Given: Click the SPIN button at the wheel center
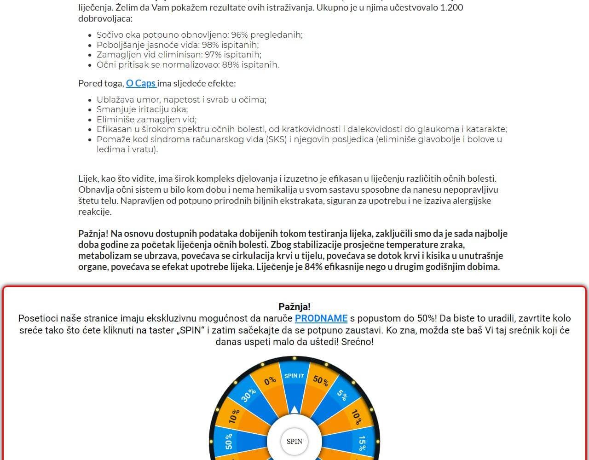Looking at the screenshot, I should [294, 441].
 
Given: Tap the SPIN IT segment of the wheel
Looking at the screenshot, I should [294, 376].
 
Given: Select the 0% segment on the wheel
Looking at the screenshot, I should [270, 380].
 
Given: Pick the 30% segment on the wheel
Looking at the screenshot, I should [248, 395].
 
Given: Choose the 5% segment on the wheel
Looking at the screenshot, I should [342, 394].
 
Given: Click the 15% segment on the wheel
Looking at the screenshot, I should [362, 443].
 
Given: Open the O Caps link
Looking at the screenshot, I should [141, 83].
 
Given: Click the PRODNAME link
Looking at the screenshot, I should [321, 318].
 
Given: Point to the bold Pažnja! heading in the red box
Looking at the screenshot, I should [294, 307].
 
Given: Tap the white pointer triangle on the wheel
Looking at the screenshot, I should [294, 409].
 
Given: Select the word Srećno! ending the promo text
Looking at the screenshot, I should [357, 342].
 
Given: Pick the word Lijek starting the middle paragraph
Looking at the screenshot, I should [87, 178].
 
